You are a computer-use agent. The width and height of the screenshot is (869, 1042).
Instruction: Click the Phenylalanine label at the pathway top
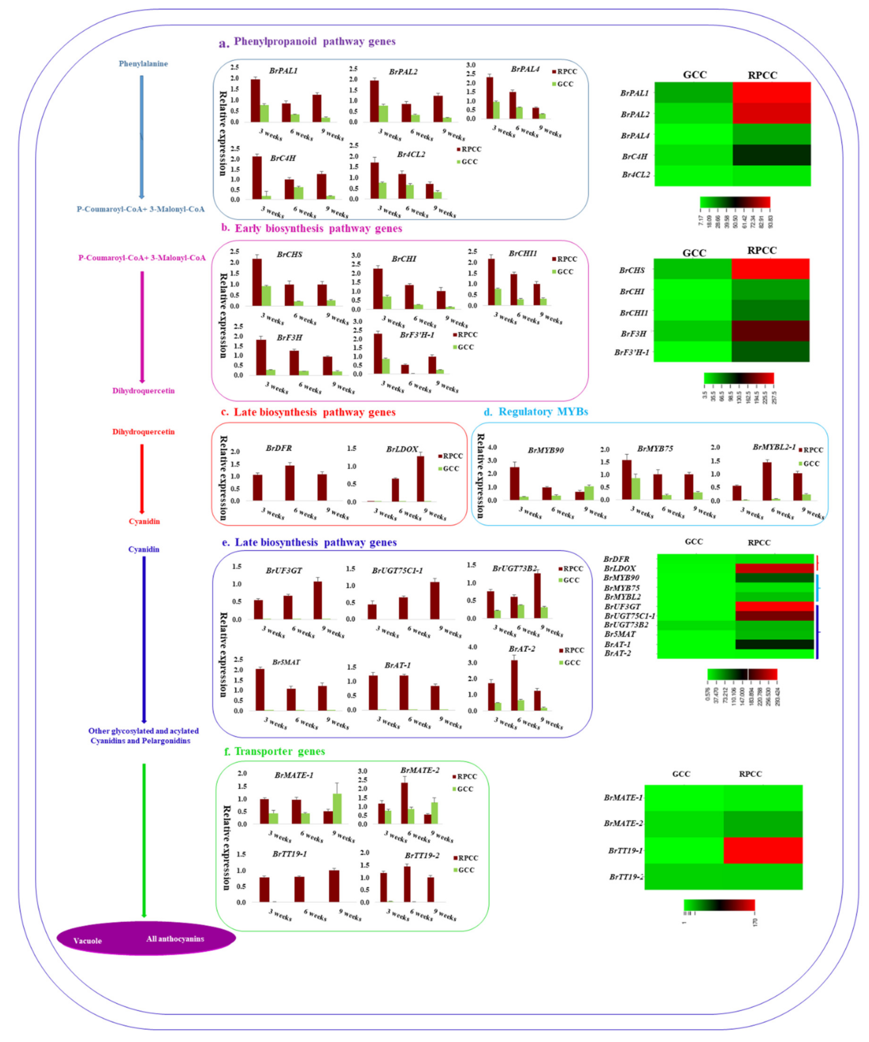coord(143,63)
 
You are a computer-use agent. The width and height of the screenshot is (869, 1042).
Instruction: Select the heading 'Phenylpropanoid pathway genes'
coord(315,42)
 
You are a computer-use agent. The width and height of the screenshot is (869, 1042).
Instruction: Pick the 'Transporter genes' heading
coord(279,751)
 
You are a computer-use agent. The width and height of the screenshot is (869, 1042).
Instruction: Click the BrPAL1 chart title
coord(283,71)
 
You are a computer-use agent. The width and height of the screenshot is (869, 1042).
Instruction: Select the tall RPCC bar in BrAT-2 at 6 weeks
coord(514,685)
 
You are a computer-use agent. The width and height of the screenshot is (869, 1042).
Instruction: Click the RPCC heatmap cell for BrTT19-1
coord(763,851)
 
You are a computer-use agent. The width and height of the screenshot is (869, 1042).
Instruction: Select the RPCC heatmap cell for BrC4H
coord(771,155)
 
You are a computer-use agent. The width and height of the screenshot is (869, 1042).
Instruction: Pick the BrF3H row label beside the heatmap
coord(633,334)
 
